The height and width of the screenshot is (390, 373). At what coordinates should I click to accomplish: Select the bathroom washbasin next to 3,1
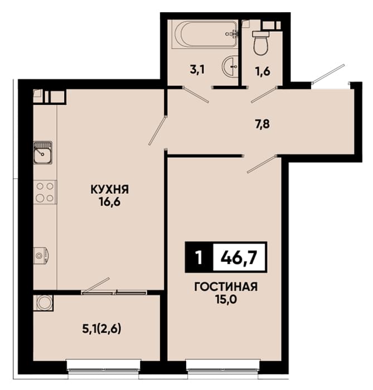coord(230,66)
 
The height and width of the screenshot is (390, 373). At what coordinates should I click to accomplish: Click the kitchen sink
coord(43,153)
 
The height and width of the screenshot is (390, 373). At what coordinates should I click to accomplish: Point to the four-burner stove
coord(45,192)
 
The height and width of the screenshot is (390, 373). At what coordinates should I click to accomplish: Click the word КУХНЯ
coord(110,189)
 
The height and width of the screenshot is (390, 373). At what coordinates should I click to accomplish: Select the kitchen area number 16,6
coord(110,202)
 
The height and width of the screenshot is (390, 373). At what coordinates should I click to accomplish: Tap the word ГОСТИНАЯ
coord(226,287)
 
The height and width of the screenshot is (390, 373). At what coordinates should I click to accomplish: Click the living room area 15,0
coord(226,299)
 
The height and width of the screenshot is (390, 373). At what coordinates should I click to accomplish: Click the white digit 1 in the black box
coord(198,257)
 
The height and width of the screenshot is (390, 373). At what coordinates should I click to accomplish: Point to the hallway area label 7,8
coord(262,124)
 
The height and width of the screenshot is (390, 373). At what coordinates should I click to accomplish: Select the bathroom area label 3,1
coord(197,70)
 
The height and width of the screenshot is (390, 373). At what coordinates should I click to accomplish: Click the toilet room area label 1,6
coord(263,71)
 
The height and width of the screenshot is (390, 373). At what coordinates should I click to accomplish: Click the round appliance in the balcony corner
coord(43,303)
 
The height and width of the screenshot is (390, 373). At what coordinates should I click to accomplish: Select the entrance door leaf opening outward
coord(328,74)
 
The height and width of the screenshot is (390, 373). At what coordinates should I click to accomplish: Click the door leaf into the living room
coord(261,164)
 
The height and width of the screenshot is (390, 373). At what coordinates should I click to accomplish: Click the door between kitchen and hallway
coord(157,130)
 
